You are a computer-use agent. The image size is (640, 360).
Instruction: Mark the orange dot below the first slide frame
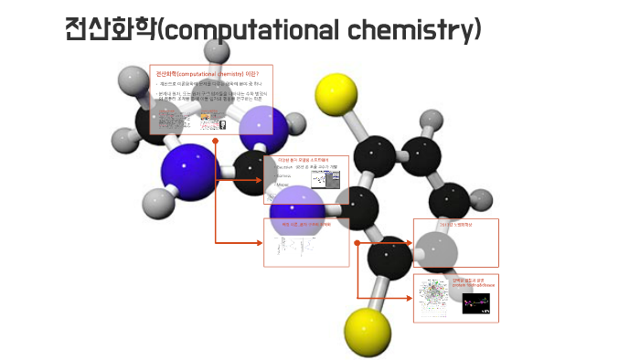click(x=216, y=142)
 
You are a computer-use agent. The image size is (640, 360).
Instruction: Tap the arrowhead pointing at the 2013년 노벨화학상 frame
click(x=409, y=243)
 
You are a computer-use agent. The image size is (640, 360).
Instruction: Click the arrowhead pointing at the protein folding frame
click(x=409, y=298)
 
